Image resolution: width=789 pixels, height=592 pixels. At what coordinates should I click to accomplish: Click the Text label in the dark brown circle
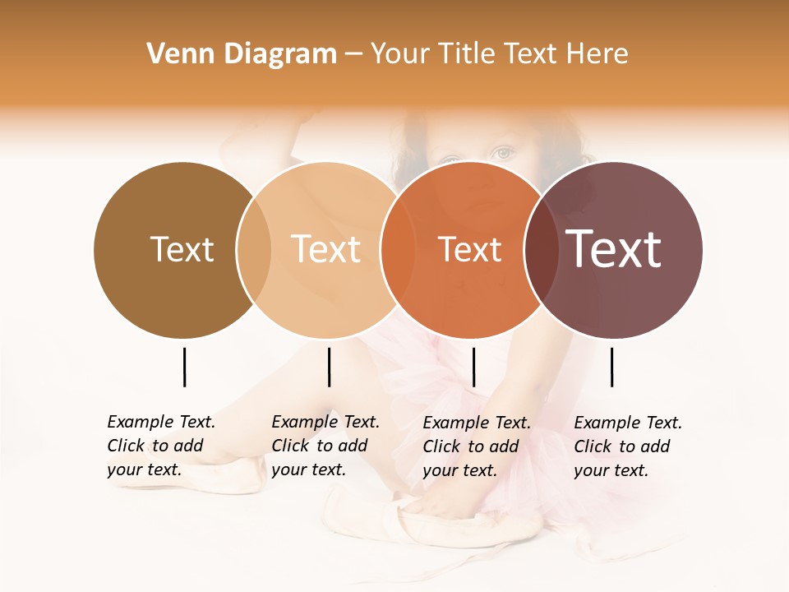click(x=182, y=249)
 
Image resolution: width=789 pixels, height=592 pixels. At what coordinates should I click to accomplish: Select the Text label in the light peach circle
click(x=326, y=249)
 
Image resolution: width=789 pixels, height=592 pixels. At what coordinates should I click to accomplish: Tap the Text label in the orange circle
click(x=469, y=249)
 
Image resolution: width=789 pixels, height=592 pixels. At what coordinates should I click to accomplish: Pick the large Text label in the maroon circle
click(x=614, y=249)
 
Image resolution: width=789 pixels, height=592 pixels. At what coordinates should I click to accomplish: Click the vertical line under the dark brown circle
click(x=184, y=367)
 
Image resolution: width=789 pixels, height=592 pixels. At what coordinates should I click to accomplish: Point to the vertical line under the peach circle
click(x=329, y=367)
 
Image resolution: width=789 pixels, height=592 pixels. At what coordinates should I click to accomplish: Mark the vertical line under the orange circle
click(x=473, y=367)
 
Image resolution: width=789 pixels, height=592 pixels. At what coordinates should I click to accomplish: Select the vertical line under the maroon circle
click(x=611, y=367)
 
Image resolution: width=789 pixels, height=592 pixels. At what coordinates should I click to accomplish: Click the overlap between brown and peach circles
click(x=254, y=249)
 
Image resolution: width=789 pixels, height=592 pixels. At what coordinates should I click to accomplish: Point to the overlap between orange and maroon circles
click(x=542, y=249)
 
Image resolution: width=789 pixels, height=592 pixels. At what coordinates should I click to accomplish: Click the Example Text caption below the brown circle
click(x=161, y=446)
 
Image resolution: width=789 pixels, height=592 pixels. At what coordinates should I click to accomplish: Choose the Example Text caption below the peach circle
click(x=325, y=446)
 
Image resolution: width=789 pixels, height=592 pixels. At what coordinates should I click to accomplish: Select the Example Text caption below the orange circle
click(x=477, y=446)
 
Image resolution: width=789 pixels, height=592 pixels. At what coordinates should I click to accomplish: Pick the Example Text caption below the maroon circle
click(x=628, y=446)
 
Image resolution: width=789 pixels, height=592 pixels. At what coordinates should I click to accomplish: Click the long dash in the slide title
click(x=353, y=54)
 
